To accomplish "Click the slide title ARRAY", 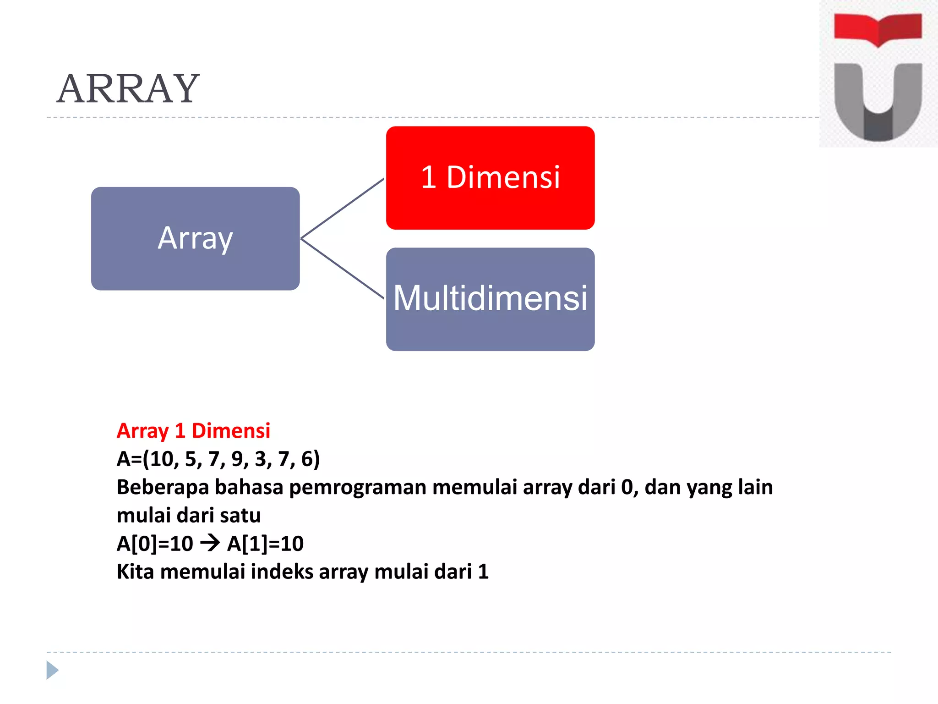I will coord(128,89).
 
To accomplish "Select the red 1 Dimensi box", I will coord(490,178).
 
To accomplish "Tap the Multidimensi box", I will coord(490,299).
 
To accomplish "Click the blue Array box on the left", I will coord(195,238).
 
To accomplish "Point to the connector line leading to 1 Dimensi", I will coord(343,209).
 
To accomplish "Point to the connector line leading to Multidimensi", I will coord(343,269).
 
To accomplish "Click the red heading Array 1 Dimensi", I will coord(193,431).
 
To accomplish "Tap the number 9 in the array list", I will coord(237,459).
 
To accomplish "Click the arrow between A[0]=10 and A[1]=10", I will coord(210,544).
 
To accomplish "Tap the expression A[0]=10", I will coord(155,544).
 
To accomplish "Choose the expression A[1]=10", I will coord(265,544).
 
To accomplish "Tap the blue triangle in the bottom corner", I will coord(52,670).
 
